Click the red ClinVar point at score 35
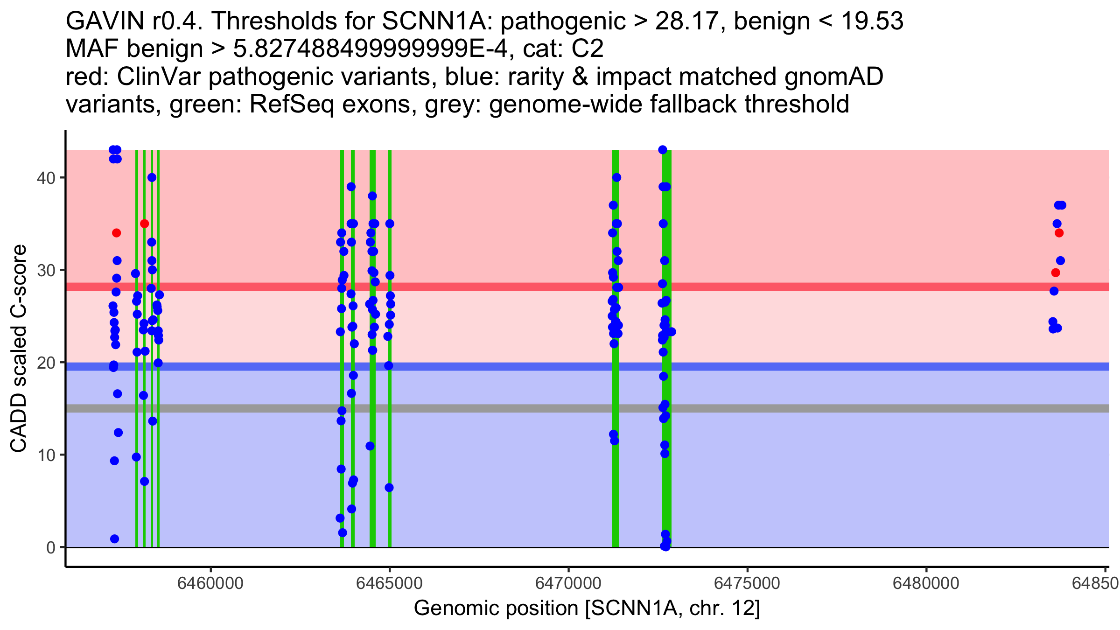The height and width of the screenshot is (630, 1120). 145,224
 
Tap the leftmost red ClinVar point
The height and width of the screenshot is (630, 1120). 117,233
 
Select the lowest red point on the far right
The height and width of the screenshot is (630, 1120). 1056,273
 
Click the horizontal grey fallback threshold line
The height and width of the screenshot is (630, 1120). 840,408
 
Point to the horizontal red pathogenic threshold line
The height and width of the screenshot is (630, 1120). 840,287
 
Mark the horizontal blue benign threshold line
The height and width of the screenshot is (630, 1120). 840,366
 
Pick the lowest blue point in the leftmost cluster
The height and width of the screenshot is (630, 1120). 115,539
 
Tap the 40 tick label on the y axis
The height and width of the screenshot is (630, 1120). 45,178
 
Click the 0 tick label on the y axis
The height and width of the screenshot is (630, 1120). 50,547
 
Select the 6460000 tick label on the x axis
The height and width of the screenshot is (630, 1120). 210,583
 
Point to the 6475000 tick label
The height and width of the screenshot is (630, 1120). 747,583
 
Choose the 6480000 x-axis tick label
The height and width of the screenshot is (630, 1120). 926,583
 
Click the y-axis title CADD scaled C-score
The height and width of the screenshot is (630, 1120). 19,349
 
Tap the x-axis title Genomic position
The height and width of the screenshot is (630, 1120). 587,609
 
